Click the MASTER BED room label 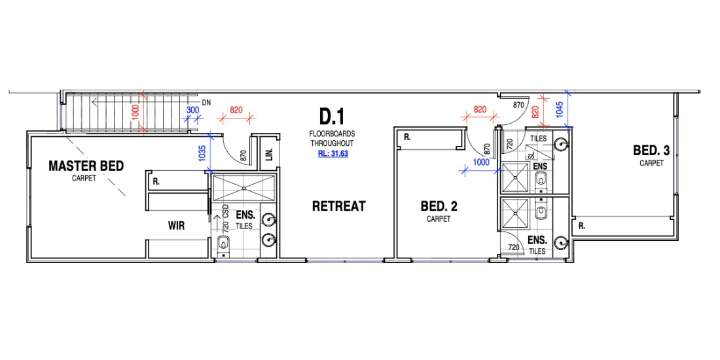86,166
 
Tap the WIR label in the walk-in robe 176,226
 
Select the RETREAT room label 338,206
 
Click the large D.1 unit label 332,118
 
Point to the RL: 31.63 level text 332,155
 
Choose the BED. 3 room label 651,151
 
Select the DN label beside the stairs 206,103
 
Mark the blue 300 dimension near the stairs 192,111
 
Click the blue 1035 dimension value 202,153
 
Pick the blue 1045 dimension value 558,109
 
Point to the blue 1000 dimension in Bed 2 480,162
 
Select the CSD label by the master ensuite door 225,211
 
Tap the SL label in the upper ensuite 531,155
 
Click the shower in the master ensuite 243,187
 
